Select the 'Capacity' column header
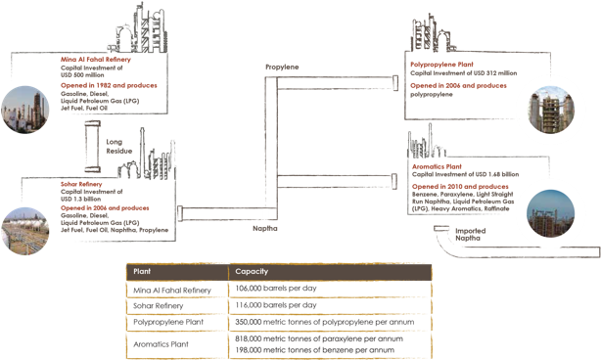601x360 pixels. click(x=246, y=270)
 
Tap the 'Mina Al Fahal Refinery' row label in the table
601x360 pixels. click(x=169, y=289)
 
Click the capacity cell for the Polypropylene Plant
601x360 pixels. click(x=323, y=321)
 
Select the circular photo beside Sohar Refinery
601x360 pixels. click(x=22, y=231)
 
